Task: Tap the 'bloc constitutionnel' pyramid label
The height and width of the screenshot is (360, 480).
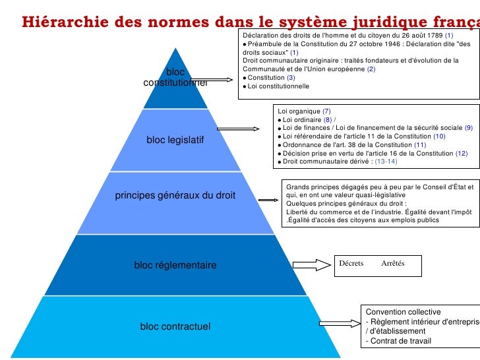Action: [x=175, y=77]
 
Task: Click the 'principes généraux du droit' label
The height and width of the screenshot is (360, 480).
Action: [x=175, y=196]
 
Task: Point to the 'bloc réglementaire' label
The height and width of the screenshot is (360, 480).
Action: [x=175, y=265]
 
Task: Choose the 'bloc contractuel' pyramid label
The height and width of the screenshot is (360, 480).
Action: [x=175, y=326]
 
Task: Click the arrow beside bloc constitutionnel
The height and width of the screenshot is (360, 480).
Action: [x=222, y=80]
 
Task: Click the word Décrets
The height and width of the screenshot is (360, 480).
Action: [x=351, y=264]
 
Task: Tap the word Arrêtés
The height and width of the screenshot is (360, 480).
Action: [x=393, y=264]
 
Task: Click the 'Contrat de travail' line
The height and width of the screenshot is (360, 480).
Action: [x=398, y=341]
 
